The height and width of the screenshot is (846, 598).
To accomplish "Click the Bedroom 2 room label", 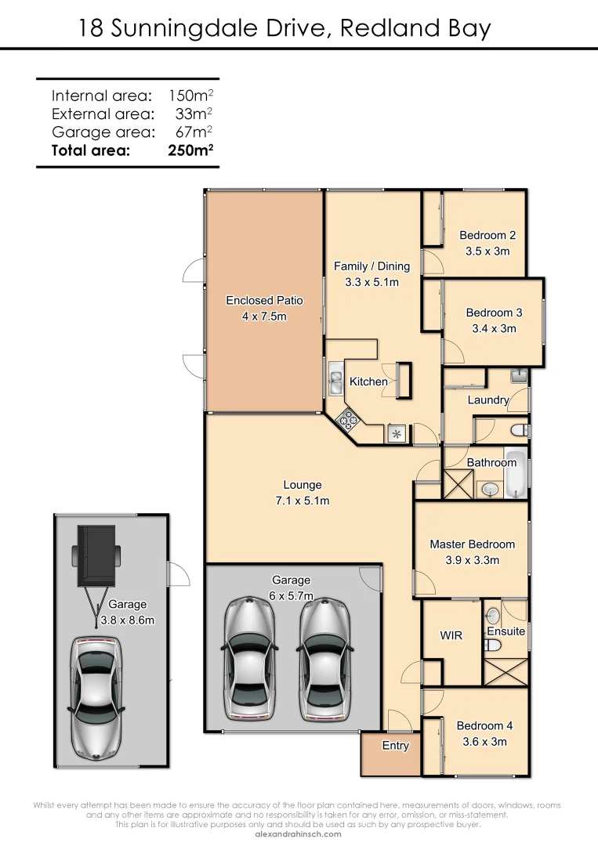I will [487, 235].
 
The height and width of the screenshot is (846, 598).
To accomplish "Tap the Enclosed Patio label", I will [264, 300].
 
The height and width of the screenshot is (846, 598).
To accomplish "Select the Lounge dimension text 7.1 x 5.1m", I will [303, 501].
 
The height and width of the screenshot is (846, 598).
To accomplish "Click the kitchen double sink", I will [335, 381].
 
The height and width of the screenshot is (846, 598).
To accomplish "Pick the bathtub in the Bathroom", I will [516, 475].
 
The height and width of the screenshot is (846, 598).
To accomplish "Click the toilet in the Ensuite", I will [492, 644].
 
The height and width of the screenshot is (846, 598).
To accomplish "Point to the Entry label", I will [395, 746].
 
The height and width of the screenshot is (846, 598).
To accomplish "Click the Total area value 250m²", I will [191, 151].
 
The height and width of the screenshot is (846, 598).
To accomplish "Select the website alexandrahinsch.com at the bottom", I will [299, 834].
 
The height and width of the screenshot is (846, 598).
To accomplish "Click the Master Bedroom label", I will [472, 544].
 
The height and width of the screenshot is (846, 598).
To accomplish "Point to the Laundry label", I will [487, 400].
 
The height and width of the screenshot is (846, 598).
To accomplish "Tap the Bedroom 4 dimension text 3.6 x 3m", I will [484, 742].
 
